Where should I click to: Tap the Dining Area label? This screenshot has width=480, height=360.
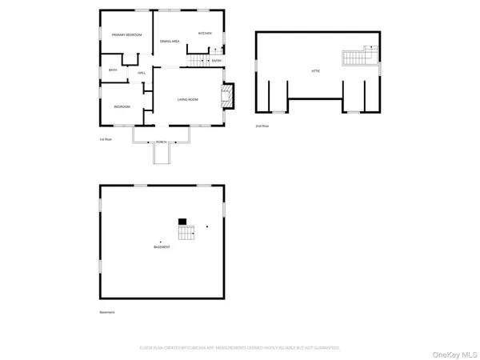(170, 41)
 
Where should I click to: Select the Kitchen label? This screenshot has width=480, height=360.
(205, 34)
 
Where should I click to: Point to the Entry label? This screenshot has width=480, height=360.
(217, 61)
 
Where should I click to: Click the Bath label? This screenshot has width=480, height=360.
(113, 70)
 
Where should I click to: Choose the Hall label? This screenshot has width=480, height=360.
(142, 74)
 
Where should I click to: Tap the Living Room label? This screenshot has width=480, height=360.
(188, 99)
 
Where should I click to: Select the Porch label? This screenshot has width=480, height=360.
(162, 142)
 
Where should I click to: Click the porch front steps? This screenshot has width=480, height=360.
(162, 154)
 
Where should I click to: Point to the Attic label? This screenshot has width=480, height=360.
(316, 71)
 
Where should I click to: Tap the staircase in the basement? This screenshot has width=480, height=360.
(186, 232)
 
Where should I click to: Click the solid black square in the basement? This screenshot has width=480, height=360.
(182, 221)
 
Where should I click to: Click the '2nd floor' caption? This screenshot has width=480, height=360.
(262, 126)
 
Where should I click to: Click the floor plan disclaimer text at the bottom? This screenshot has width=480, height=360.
(240, 348)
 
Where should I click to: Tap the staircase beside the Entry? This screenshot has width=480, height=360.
(197, 61)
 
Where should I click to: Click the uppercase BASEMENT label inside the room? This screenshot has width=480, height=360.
(162, 247)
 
